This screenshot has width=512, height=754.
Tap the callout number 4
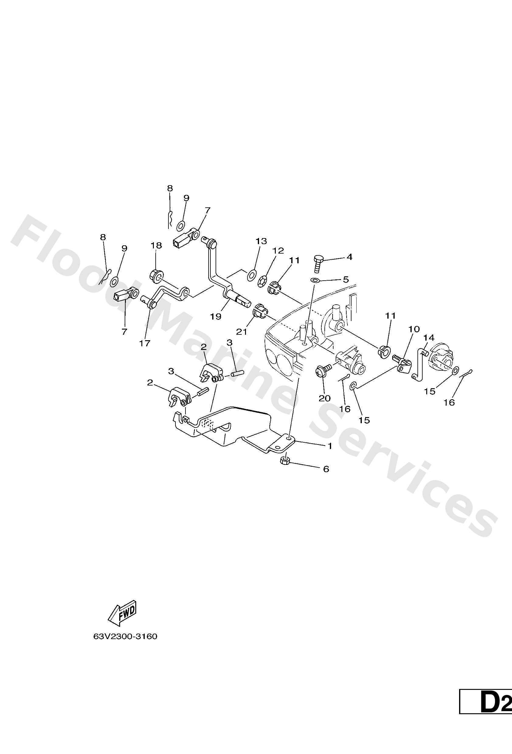pyautogui.click(x=349, y=257)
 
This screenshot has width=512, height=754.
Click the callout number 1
pyautogui.click(x=330, y=446)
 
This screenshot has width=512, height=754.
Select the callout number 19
pyautogui.click(x=216, y=316)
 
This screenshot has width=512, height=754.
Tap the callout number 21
pyautogui.click(x=242, y=332)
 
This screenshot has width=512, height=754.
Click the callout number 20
pyautogui.click(x=324, y=398)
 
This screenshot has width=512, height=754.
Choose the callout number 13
pyautogui.click(x=261, y=241)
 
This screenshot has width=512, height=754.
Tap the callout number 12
pyautogui.click(x=278, y=251)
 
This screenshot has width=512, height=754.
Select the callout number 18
pyautogui.click(x=156, y=245)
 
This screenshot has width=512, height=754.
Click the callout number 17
pyautogui.click(x=145, y=343)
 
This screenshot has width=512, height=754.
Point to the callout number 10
pyautogui.click(x=414, y=329)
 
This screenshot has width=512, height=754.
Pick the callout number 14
pyautogui.click(x=429, y=338)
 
